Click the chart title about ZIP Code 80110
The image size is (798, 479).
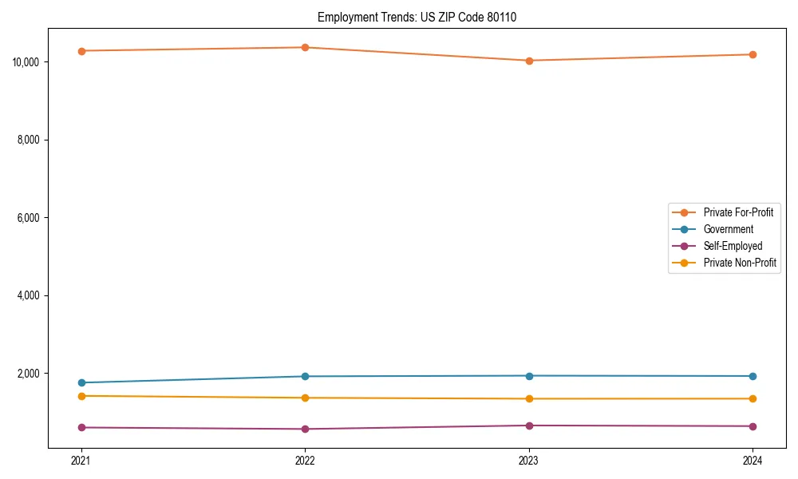(417, 18)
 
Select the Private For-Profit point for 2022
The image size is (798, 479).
(305, 47)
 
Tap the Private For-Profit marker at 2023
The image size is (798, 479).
(529, 61)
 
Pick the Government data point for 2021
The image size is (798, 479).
(81, 382)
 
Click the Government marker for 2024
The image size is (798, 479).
(753, 376)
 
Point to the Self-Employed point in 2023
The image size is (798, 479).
(529, 426)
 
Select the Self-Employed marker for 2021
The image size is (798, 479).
(81, 427)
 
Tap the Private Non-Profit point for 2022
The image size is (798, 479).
(305, 398)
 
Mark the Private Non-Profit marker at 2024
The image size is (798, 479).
(753, 398)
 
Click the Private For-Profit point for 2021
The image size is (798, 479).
(81, 51)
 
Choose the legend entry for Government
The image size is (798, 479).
(728, 229)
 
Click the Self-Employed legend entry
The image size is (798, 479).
(733, 246)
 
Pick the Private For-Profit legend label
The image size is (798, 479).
(737, 212)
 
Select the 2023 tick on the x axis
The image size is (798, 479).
(529, 460)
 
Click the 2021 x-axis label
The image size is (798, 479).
(81, 460)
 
